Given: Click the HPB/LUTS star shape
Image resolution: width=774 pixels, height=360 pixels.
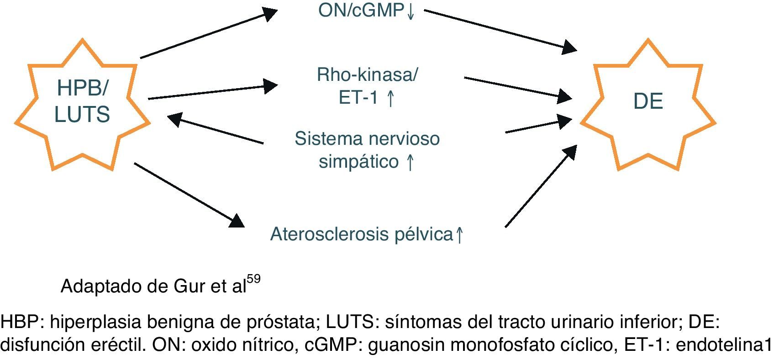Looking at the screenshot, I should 82,105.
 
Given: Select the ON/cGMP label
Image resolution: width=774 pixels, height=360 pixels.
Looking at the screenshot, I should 361,10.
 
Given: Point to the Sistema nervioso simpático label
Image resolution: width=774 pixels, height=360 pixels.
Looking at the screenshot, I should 367,150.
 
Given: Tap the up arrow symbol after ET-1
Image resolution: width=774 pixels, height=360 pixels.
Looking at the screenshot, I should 390,98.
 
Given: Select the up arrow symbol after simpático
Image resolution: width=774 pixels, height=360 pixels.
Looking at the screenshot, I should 410,162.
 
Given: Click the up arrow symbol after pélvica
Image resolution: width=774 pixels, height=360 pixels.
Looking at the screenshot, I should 459,235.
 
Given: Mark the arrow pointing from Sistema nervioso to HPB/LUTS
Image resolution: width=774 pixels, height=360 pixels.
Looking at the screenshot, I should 215,129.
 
